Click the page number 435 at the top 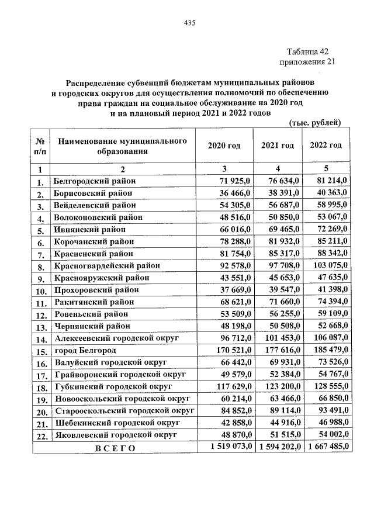click(x=189, y=23)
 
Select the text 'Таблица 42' click(x=309, y=51)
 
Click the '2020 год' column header click(x=224, y=146)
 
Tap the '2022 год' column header click(x=325, y=146)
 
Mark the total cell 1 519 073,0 click(x=226, y=447)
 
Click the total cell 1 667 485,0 click(x=325, y=447)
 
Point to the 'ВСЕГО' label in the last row click(x=115, y=448)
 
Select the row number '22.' click(x=41, y=436)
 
